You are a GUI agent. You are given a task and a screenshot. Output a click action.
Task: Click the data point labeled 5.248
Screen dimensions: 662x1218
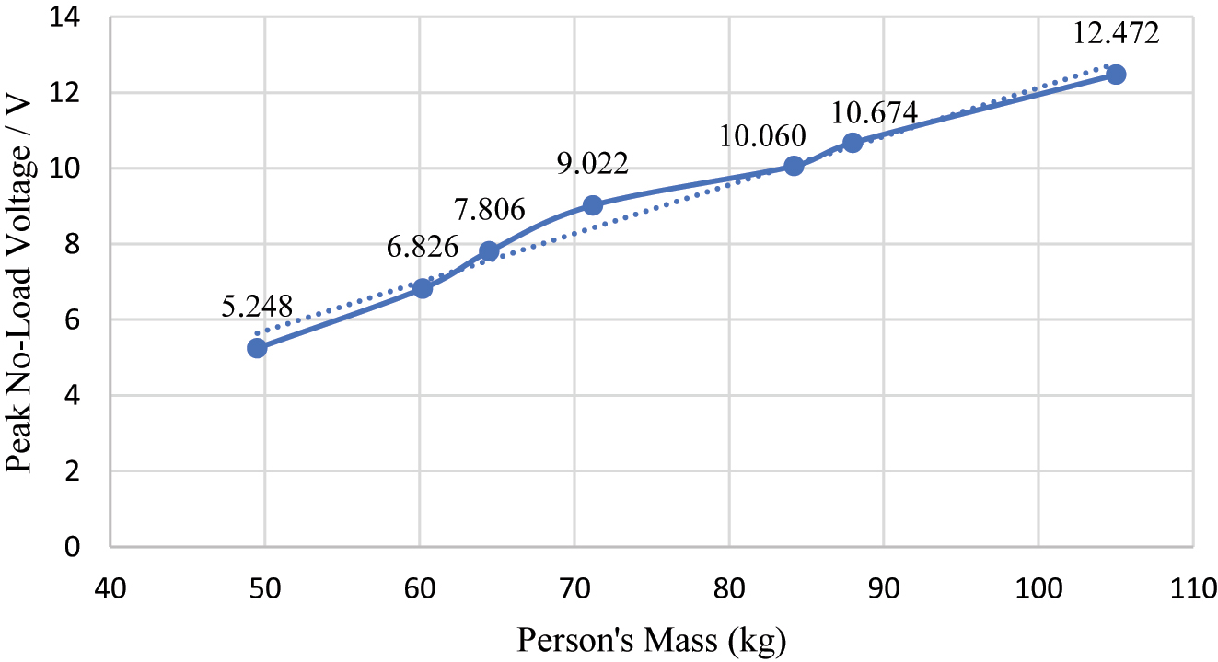point(257,347)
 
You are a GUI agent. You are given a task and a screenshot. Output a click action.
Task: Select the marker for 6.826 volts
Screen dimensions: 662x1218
point(423,288)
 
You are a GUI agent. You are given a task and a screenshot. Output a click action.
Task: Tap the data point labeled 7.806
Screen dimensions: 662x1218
point(489,251)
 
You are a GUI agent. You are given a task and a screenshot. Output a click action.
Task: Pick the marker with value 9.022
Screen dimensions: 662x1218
point(592,204)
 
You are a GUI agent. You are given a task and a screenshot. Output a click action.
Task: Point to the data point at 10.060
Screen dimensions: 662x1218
point(794,166)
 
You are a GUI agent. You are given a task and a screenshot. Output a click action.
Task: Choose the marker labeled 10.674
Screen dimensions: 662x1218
point(853,142)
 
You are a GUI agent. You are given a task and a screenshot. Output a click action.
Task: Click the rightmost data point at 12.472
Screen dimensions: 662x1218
point(1116,75)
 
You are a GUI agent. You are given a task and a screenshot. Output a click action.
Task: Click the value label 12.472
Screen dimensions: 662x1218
point(1116,35)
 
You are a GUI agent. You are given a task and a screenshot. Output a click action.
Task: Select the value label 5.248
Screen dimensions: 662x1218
point(257,307)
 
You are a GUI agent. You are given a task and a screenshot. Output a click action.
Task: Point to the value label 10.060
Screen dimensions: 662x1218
point(763,136)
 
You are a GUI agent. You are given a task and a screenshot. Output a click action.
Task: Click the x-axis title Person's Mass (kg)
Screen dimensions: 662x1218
point(652,639)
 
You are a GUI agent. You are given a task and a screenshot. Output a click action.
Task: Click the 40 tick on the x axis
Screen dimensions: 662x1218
point(110,587)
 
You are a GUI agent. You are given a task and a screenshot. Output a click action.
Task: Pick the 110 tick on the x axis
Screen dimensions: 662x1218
point(1192,587)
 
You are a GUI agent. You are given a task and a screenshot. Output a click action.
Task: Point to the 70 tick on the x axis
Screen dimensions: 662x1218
point(574,587)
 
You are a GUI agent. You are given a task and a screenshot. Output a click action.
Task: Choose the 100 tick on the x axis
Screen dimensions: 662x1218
point(1038,587)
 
